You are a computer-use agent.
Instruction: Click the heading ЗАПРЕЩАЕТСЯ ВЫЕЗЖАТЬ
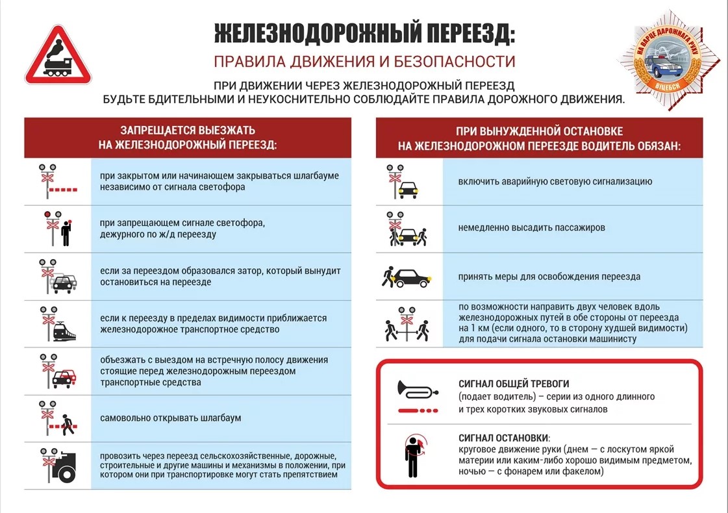(188, 130)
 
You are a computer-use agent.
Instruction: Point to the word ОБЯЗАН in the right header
(657, 147)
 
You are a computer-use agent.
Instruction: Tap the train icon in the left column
(64, 332)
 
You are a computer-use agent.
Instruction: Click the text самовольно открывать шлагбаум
(171, 418)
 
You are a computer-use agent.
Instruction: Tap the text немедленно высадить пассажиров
(532, 228)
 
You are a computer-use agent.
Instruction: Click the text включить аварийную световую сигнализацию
(555, 182)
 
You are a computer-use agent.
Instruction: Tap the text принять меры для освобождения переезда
(549, 277)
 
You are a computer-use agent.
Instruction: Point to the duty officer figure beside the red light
(65, 232)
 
